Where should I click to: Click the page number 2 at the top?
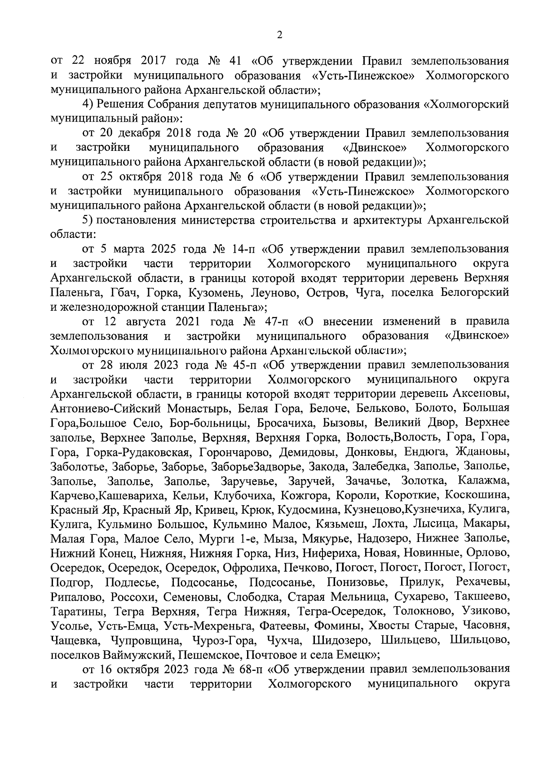click(x=279, y=35)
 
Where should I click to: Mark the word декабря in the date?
click(x=146, y=133)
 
